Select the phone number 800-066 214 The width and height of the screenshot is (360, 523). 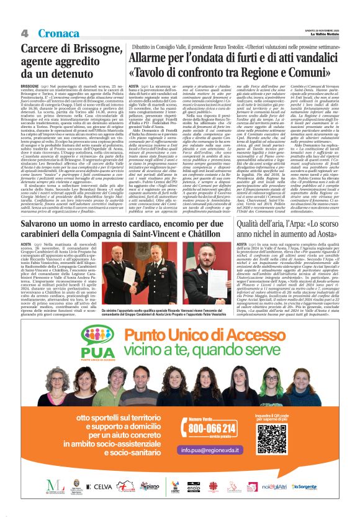click(211, 428)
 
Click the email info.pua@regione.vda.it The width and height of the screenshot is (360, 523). click(211, 448)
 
